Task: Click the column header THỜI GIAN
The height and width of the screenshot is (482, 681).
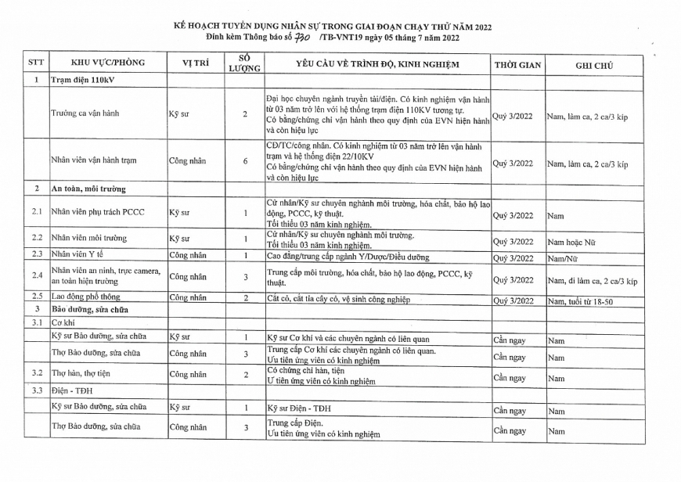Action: [517, 65]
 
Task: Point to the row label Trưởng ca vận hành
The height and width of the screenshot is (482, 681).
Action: [85, 114]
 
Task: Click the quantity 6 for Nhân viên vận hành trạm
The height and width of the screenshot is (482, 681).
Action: [245, 161]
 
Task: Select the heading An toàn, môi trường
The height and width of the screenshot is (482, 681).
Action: [88, 189]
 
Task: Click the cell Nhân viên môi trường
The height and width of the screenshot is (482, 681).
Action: [88, 237]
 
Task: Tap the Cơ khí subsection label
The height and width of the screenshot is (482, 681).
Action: [63, 322]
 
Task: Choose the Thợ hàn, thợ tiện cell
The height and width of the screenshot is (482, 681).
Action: [81, 373]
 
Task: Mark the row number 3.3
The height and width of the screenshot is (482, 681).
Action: [36, 390]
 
